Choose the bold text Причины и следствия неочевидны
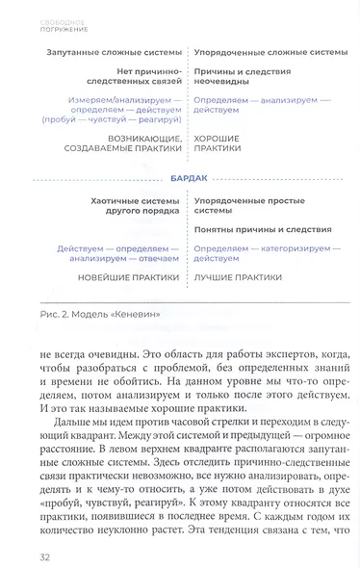pos(241,78)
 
